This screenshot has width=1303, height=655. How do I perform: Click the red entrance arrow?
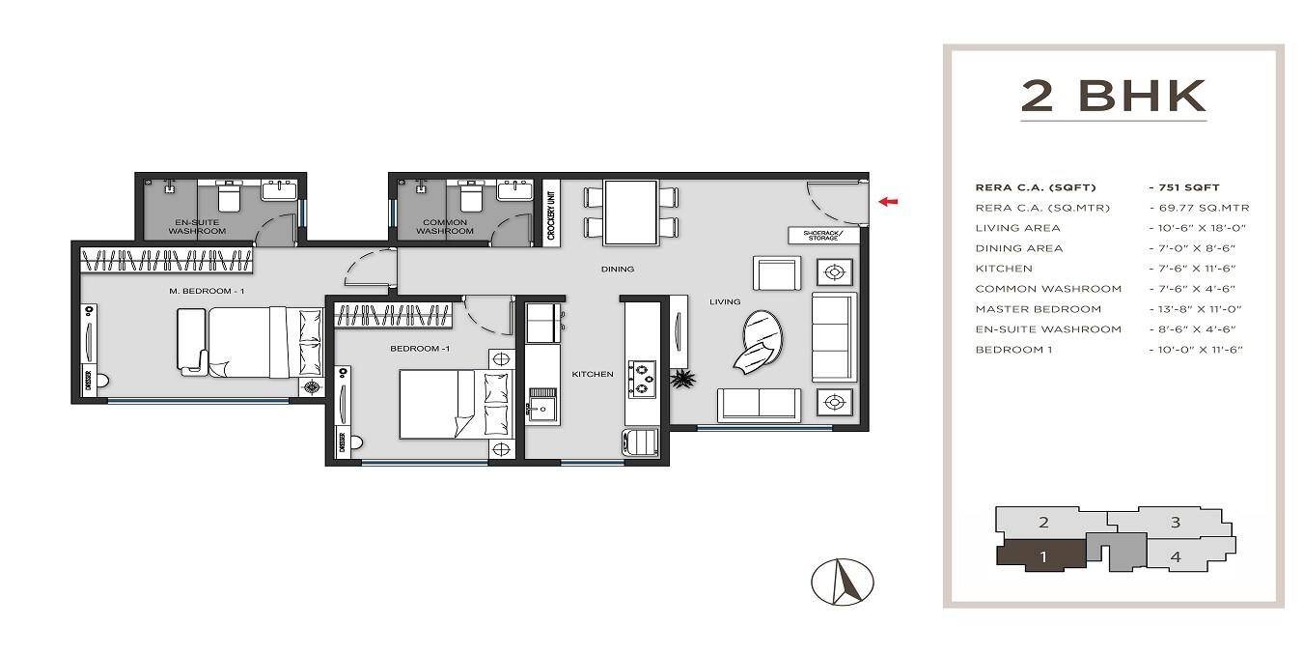point(889,202)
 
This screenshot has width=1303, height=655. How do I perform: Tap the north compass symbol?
point(843,582)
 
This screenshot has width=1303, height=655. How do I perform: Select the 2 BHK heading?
point(1114,97)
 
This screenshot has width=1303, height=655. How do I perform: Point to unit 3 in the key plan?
point(1175,523)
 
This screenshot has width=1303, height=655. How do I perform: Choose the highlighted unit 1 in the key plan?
point(1042,555)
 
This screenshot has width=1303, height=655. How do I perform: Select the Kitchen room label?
point(592,374)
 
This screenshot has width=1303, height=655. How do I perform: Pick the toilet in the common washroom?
point(471,197)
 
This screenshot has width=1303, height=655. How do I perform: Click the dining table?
point(631,214)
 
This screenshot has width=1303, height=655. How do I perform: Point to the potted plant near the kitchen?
point(683,378)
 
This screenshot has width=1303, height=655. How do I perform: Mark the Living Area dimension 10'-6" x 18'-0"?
point(1195,228)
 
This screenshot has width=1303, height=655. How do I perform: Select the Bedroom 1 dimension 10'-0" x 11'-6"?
point(1195,349)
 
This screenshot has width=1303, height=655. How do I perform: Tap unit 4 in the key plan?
point(1175,556)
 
